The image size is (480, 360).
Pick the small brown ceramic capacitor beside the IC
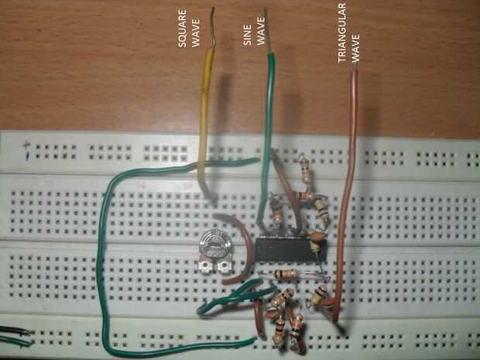(316, 235)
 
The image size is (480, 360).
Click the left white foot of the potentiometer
(204, 267)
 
